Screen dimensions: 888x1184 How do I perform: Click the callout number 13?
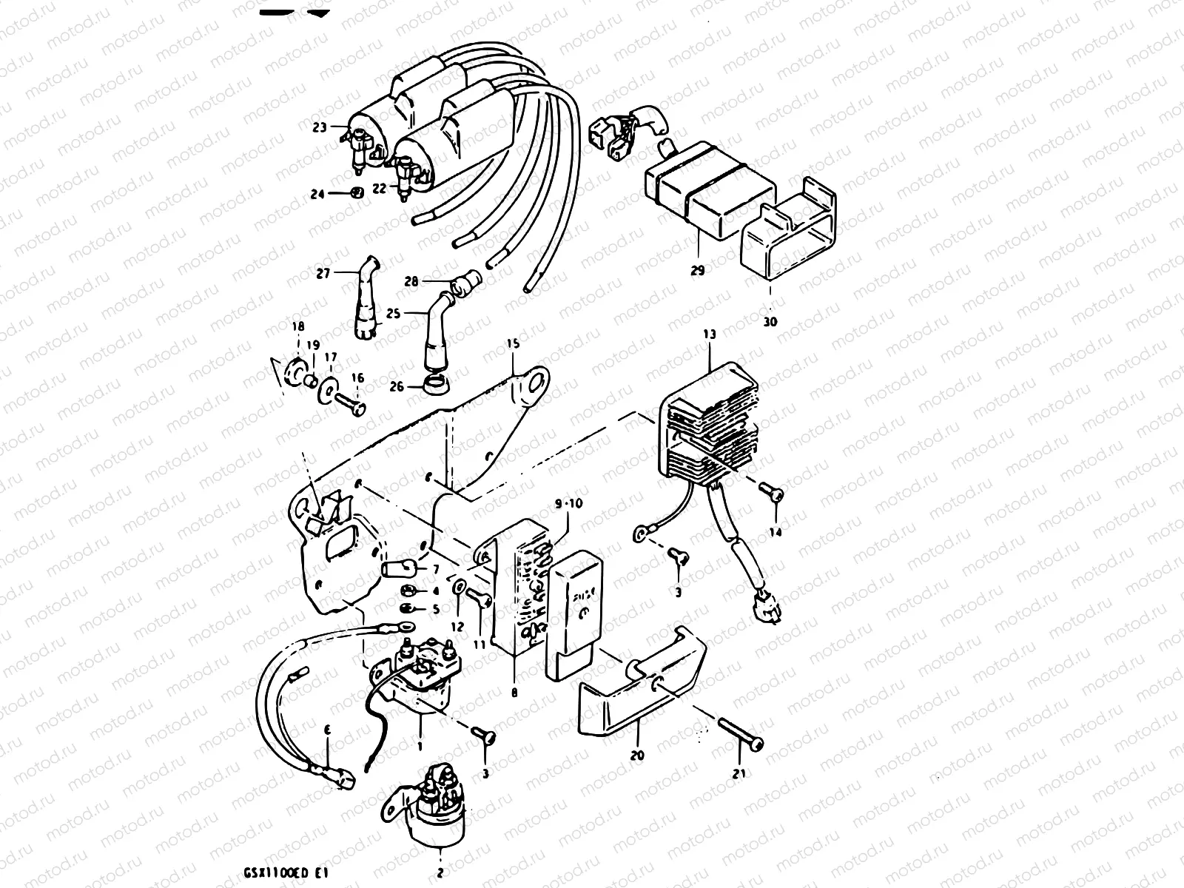[710, 335]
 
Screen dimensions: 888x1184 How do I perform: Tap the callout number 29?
[697, 271]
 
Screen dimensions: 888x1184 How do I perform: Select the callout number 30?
[770, 322]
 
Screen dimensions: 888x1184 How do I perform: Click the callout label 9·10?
[568, 502]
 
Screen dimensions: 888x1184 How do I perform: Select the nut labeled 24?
[356, 194]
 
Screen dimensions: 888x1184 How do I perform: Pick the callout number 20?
[637, 756]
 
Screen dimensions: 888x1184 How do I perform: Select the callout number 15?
[513, 344]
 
